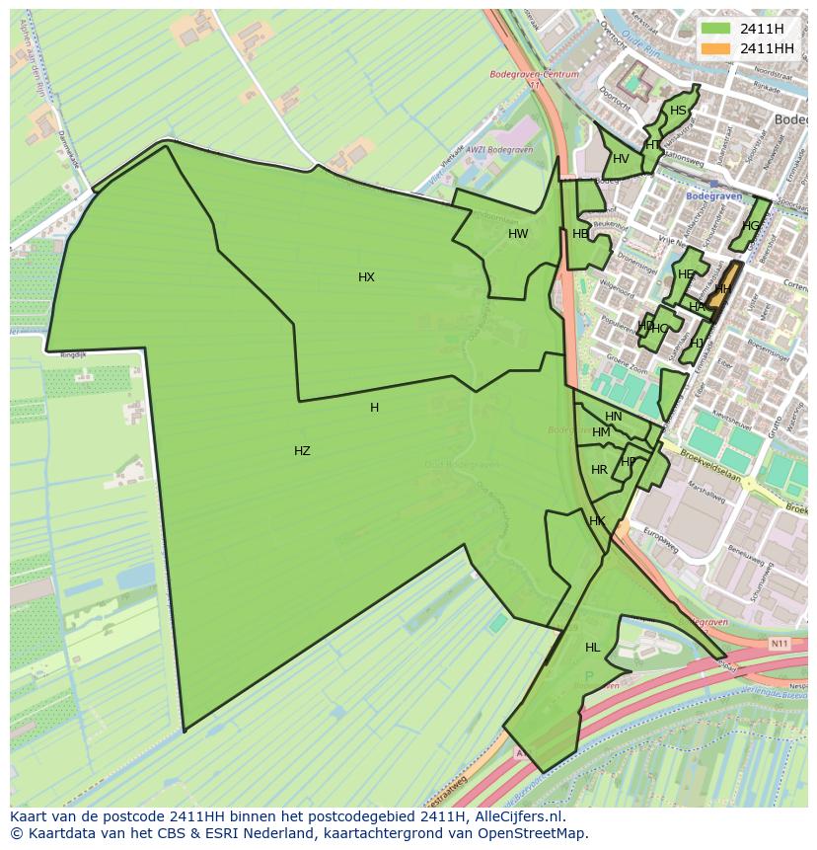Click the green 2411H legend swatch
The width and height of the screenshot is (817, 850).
coord(715,29)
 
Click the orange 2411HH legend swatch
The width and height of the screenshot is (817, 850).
coord(715,48)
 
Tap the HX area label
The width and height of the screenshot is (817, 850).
coord(366,277)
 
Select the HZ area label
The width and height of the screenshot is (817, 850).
coord(302,451)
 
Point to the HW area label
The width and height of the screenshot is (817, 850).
coord(518,234)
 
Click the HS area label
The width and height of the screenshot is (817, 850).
coord(678,111)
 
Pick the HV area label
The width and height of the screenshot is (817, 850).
coord(621,159)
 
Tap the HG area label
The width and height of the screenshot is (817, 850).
coord(752,226)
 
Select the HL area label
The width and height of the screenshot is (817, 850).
coord(592,648)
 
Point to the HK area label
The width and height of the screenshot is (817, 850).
coord(597,521)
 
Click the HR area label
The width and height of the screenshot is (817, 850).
coord(599,470)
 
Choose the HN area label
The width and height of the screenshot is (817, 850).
coord(614,417)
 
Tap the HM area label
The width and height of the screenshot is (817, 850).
coord(601,432)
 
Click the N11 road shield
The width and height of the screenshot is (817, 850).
coord(780,644)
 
